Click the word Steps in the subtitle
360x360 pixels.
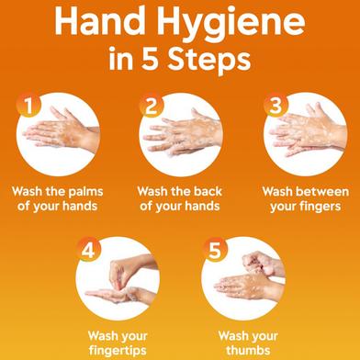tap(209, 60)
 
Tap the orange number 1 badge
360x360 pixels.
tap(28, 105)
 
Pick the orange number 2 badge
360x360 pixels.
tap(152, 106)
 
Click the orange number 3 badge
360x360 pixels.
tap(276, 105)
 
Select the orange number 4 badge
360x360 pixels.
tap(88, 250)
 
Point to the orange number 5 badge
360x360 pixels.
tap(215, 250)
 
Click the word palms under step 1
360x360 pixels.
tap(85, 193)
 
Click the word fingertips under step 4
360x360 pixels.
tap(118, 350)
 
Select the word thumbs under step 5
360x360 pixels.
tap(248, 350)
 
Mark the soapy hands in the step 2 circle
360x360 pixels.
tap(182, 135)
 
